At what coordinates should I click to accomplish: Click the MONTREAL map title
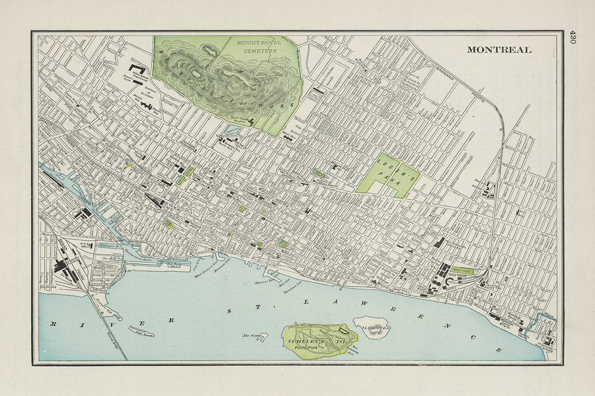point(498,49)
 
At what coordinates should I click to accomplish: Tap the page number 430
point(573,36)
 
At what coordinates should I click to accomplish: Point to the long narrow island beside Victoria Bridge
point(141,332)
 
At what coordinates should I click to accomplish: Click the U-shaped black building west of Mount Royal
point(138,68)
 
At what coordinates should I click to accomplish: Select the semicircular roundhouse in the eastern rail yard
point(451,280)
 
